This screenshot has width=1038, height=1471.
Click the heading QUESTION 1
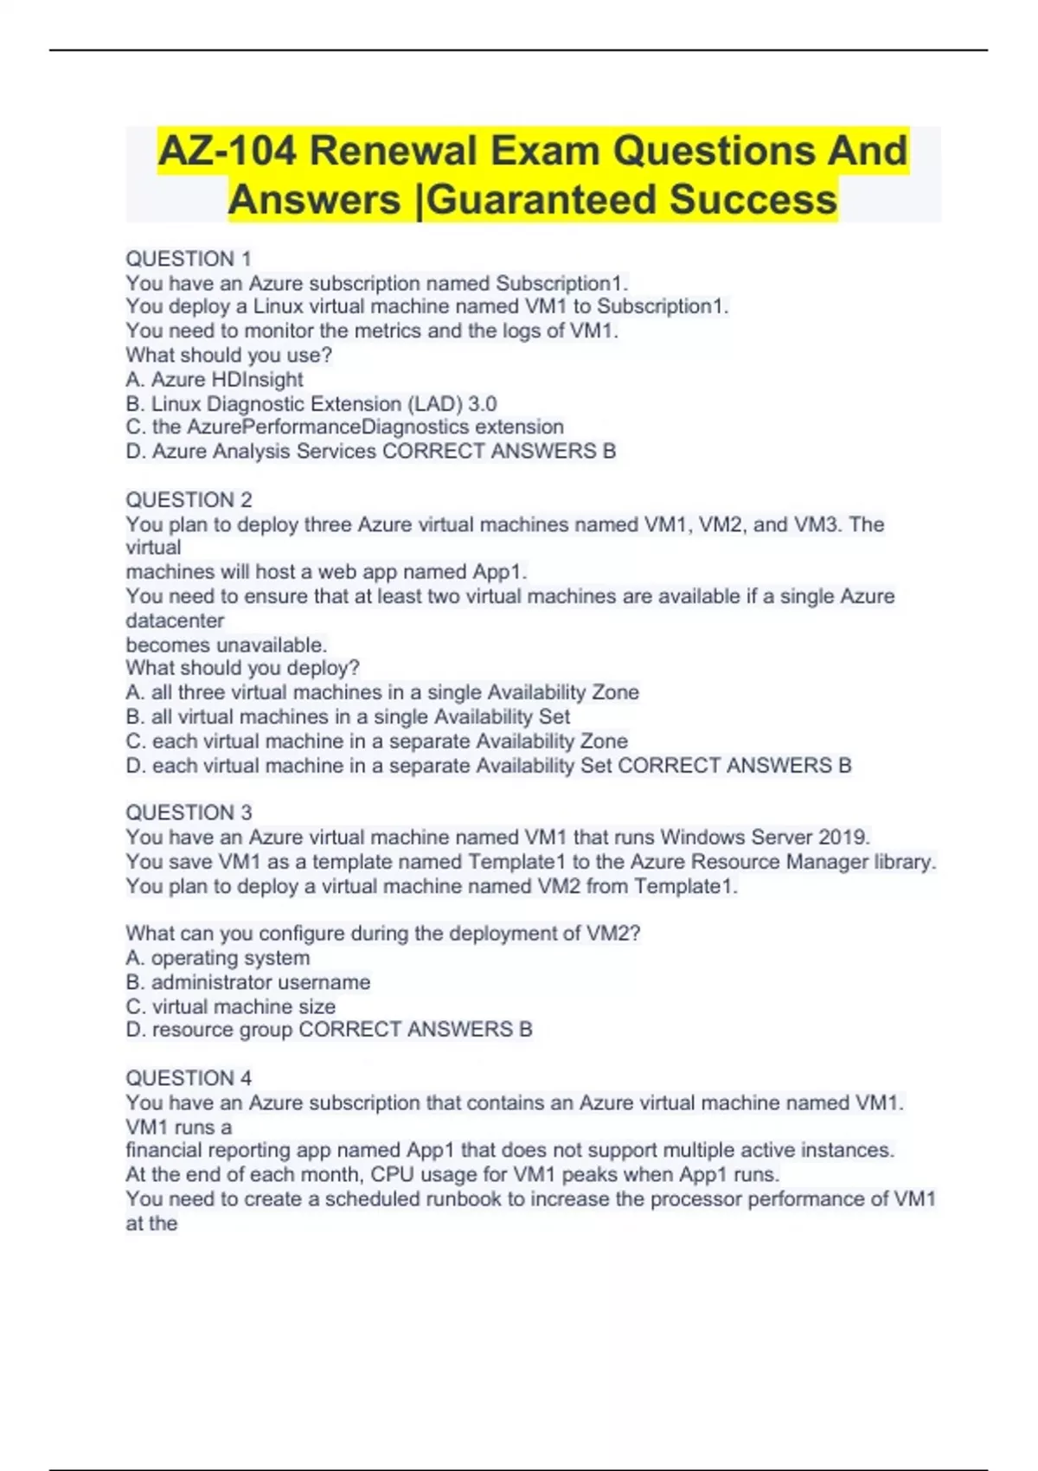pyautogui.click(x=189, y=259)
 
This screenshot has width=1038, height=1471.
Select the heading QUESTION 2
pyautogui.click(x=189, y=500)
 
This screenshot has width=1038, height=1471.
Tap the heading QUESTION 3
pyautogui.click(x=189, y=813)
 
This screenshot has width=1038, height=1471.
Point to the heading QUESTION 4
pyautogui.click(x=189, y=1078)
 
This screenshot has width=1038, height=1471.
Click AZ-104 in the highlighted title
pyautogui.click(x=227, y=151)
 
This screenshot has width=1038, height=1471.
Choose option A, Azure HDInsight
pyautogui.click(x=215, y=379)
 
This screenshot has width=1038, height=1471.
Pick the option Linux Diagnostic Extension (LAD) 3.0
pyautogui.click(x=311, y=403)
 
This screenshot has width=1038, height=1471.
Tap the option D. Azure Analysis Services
pyautogui.click(x=252, y=451)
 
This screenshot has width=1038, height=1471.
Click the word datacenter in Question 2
pyautogui.click(x=175, y=620)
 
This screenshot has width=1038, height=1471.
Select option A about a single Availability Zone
pyautogui.click(x=382, y=692)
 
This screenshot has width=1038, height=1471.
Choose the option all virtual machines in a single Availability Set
pyautogui.click(x=348, y=716)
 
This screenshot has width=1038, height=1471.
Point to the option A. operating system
pyautogui.click(x=218, y=958)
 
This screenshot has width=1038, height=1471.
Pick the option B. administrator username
pyautogui.click(x=248, y=982)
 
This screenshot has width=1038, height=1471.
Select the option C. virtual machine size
pyautogui.click(x=231, y=1006)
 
